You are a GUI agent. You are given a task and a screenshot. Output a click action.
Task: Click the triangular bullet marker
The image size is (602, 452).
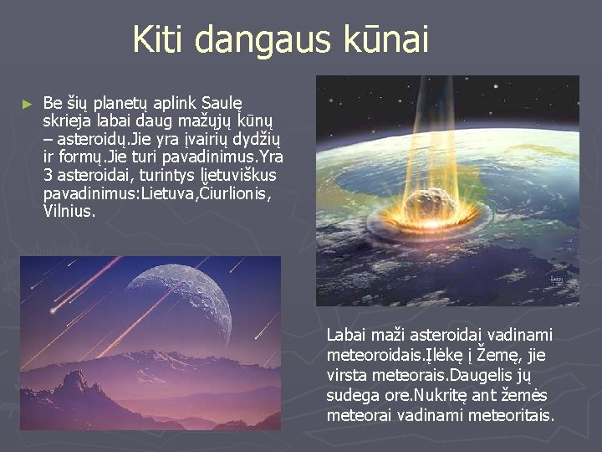[x=28, y=105]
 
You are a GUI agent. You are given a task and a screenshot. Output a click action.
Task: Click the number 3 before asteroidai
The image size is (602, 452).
[x=48, y=176]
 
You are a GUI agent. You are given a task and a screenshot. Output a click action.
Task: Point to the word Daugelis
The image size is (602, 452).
[x=479, y=375]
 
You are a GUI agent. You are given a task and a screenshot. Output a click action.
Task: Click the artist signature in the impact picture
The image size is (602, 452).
[x=557, y=281]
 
